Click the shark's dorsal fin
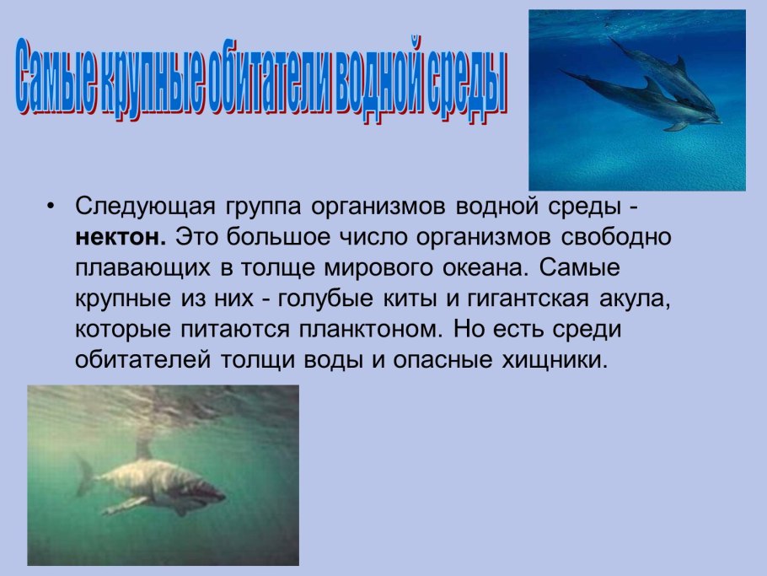[x=144, y=449]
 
